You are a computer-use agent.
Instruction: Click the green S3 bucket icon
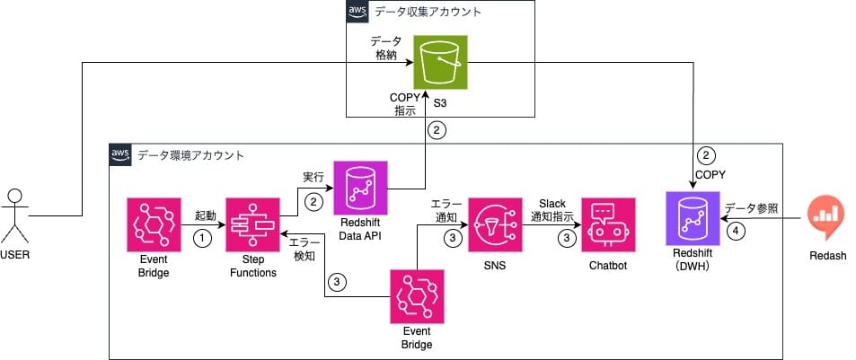point(440,62)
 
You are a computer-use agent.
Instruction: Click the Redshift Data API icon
point(359,188)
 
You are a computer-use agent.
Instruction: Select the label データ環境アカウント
point(190,154)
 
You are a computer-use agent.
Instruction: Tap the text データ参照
point(751,208)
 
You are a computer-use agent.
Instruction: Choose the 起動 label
point(205,216)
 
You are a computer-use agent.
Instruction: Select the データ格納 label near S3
point(387,48)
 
